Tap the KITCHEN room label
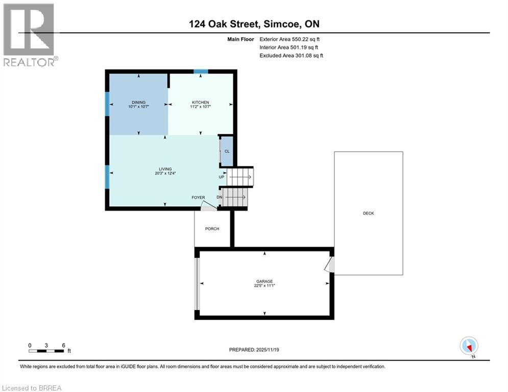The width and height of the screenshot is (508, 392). pos(200,102)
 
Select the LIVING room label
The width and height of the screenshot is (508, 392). pos(164,169)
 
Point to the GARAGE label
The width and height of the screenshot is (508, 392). pos(264,281)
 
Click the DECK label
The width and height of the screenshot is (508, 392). pos(368,213)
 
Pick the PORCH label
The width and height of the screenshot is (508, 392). pos(212,229)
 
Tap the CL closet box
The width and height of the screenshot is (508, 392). pos(227,151)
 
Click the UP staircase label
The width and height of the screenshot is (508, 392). pos(221,177)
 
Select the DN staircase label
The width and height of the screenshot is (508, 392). pos(220,197)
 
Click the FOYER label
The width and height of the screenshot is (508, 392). pos(198,198)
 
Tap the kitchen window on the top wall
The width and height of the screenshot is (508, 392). pos(200,71)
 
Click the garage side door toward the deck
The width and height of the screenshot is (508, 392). pos(330,264)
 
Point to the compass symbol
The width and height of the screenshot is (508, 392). pos(468,346)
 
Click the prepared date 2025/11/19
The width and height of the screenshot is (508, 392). pos(253,350)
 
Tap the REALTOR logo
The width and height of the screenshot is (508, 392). pos(30,35)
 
